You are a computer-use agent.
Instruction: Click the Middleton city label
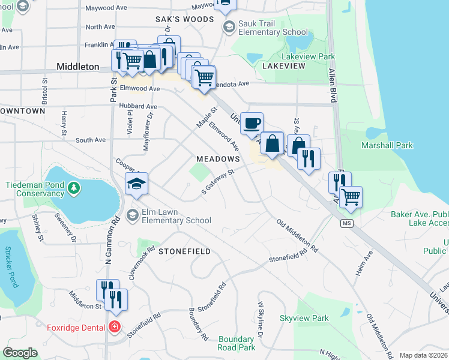click(77, 67)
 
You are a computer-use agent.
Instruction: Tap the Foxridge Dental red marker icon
click(115, 327)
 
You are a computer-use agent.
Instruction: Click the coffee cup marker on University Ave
click(252, 122)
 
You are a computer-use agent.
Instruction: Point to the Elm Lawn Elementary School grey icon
click(133, 215)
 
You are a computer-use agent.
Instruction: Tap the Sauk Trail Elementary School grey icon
click(228, 27)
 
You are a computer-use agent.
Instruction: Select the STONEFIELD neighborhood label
click(184, 251)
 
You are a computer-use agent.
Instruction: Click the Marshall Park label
click(387, 145)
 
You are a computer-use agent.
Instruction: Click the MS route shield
click(346, 223)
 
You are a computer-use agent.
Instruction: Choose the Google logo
click(20, 353)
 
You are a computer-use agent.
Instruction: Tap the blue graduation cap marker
click(137, 184)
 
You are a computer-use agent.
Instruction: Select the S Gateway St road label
click(217, 181)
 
